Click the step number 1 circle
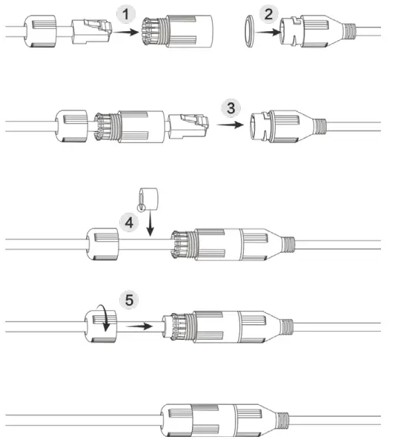point(125,14)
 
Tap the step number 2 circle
point(268,14)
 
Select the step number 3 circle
point(230,108)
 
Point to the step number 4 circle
point(129,223)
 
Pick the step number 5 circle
point(130,300)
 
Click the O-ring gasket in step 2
point(249,31)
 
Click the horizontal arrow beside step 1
point(126,32)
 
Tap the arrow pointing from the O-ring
point(268,32)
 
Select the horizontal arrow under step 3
point(230,125)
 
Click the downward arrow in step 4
point(150,223)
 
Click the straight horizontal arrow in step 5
point(139,326)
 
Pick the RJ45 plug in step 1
point(91,31)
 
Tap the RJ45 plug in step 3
point(188,126)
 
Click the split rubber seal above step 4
point(148,200)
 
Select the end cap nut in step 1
point(39,31)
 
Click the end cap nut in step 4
point(102,244)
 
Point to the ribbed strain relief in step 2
point(349,31)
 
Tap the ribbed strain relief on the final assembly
point(282,421)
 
